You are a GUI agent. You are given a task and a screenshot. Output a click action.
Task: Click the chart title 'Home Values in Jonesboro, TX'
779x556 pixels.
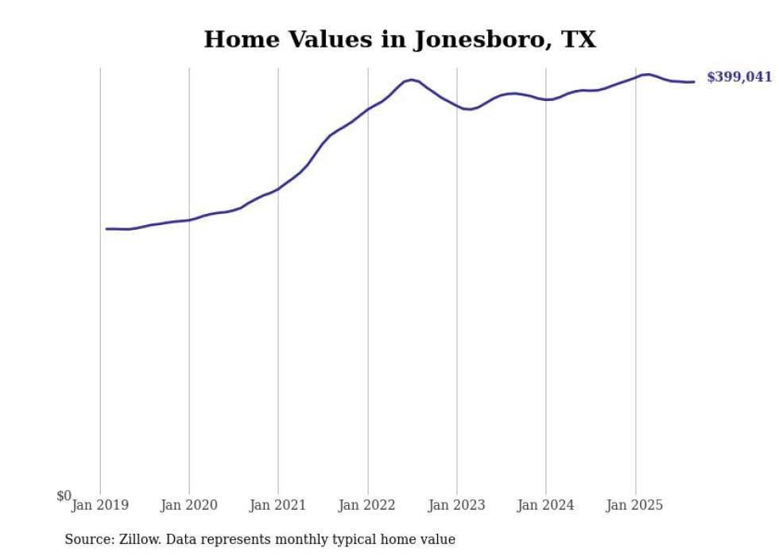(x=400, y=40)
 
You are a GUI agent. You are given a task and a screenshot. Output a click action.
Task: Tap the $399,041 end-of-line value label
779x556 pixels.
(x=738, y=77)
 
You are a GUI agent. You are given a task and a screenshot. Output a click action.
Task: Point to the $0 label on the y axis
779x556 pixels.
(x=64, y=496)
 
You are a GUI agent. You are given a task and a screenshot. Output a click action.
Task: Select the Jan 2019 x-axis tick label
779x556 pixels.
(x=100, y=504)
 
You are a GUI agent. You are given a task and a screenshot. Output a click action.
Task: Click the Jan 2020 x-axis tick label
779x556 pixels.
(x=189, y=504)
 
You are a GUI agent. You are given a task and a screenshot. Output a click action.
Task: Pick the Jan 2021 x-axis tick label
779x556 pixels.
(x=278, y=504)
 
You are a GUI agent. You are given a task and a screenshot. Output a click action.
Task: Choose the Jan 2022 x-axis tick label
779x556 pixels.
(x=367, y=504)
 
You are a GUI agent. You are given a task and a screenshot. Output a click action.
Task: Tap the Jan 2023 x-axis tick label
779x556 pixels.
(x=456, y=504)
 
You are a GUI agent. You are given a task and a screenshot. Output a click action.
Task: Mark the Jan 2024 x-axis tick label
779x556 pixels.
(x=545, y=504)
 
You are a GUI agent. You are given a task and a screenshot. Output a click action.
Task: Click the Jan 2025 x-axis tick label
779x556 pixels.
(x=634, y=504)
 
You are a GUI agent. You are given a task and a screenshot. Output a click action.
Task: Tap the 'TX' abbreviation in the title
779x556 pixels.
(x=578, y=40)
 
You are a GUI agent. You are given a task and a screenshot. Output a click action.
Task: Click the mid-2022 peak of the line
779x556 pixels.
(x=411, y=80)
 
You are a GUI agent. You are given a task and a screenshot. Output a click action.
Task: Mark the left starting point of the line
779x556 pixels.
(x=107, y=228)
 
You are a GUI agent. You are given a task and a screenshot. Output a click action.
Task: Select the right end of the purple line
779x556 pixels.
(x=694, y=81)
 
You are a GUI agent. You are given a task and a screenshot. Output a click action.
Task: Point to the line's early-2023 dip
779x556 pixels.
(x=469, y=109)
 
